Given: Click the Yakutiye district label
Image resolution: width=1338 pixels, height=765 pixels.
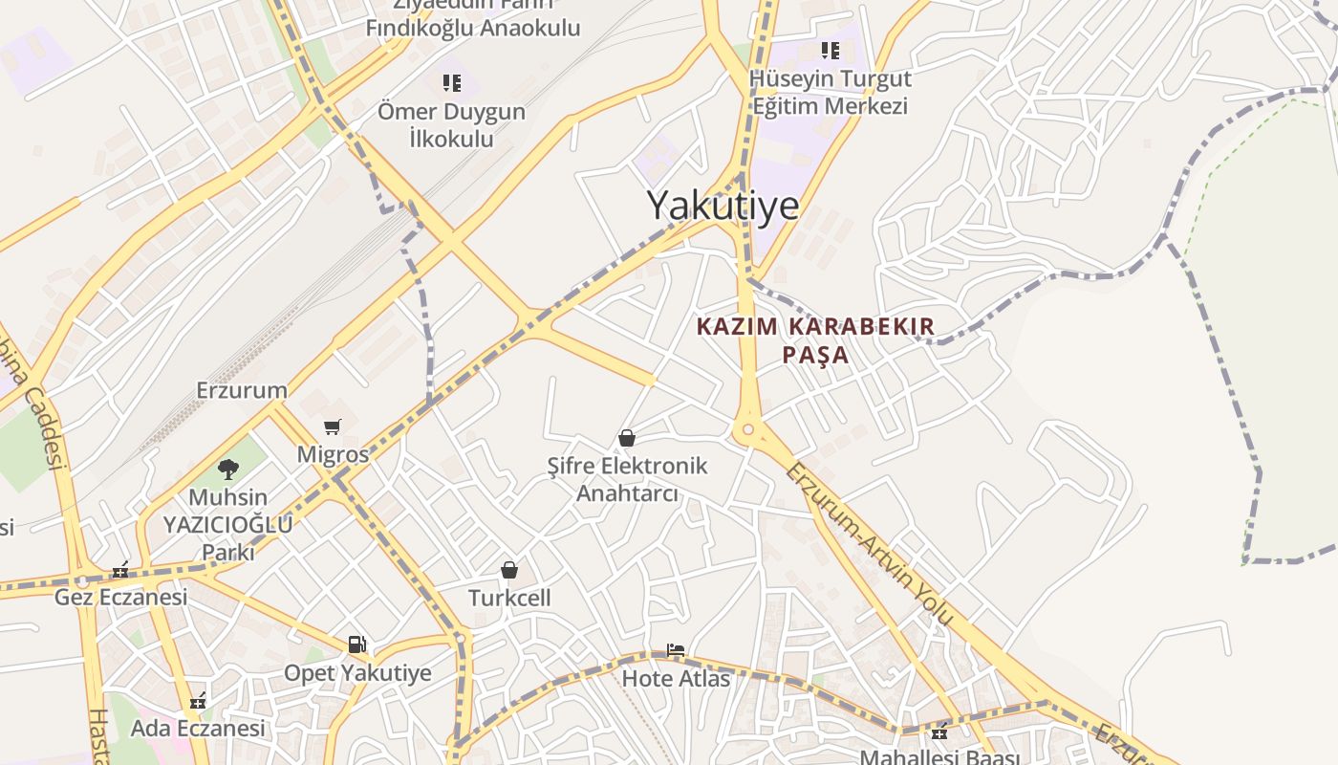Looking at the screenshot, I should (x=723, y=205).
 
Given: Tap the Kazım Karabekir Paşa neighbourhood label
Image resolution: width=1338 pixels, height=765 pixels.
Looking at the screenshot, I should (x=815, y=340).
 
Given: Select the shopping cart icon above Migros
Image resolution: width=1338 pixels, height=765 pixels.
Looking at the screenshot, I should (x=332, y=426).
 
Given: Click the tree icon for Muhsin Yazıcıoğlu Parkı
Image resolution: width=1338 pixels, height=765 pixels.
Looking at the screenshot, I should (x=227, y=469).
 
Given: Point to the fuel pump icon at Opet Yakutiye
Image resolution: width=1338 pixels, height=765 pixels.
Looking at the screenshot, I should (x=356, y=645).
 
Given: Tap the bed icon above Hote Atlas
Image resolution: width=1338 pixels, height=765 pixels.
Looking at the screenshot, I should (x=675, y=650).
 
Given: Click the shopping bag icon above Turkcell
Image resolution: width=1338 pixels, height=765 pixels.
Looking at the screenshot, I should (x=509, y=570).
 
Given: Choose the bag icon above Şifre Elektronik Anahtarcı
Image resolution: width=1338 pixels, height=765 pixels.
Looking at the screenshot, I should (x=627, y=438).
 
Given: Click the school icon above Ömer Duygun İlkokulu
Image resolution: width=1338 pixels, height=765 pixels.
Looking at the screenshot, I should (x=451, y=83).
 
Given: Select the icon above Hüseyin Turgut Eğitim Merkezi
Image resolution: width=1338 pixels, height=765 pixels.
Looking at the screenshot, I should (x=830, y=50).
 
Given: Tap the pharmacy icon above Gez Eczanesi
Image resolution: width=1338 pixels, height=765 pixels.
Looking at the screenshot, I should (x=119, y=570).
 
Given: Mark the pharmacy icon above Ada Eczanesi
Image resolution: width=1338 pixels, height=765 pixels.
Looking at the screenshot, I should (x=198, y=701).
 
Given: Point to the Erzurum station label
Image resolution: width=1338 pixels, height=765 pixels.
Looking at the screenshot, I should (x=242, y=390).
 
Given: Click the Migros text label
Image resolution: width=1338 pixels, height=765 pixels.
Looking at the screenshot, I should (x=333, y=454).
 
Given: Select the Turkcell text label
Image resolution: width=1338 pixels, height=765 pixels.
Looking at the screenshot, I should (x=509, y=599).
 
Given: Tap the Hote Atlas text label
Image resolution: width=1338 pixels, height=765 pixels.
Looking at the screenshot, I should (x=676, y=679).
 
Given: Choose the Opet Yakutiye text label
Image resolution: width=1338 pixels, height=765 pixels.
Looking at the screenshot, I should (x=357, y=673).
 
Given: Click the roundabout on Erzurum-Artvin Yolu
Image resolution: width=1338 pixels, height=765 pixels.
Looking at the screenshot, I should (x=748, y=431).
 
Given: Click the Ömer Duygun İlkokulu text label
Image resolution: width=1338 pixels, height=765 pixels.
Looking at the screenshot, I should (x=451, y=125).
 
